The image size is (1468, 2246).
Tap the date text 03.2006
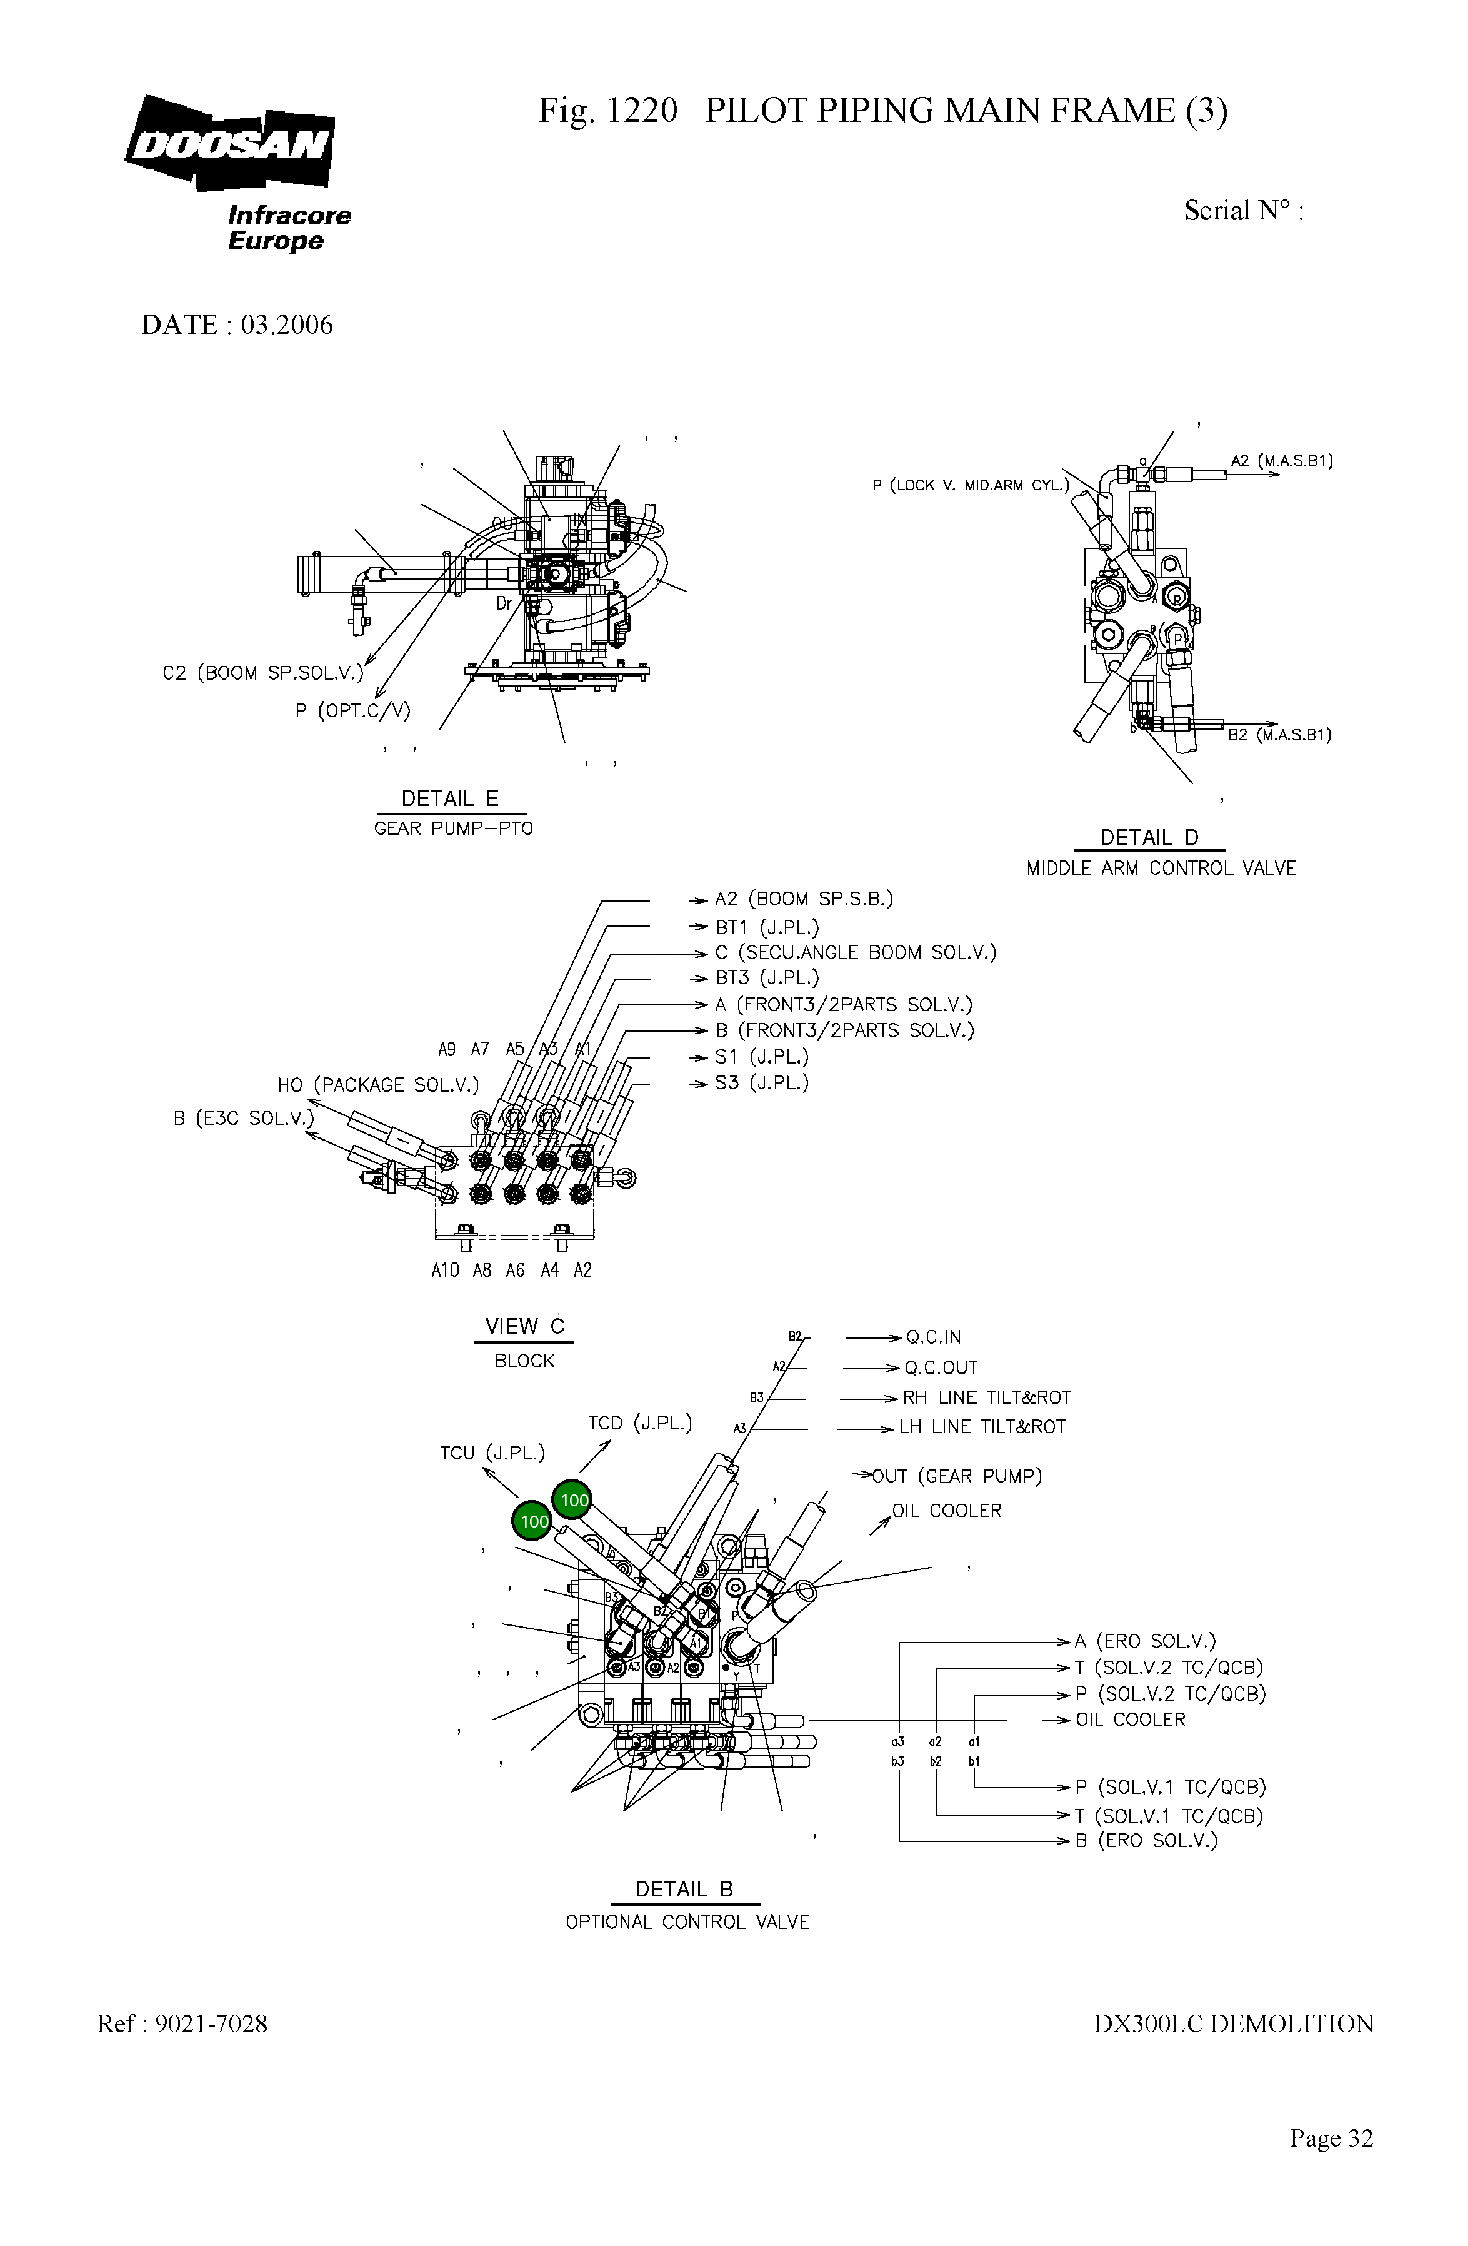pos(287,325)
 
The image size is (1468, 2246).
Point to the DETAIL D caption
pos(1149,838)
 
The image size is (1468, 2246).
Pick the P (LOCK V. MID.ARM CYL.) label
pos(971,485)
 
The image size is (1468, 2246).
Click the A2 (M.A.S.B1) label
pos(1281,461)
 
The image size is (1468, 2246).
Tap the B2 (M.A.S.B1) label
pos(1279,735)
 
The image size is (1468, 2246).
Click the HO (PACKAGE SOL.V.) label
pos(378,1085)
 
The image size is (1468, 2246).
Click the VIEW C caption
pos(524,1326)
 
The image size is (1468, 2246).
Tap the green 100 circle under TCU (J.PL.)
pos(533,1521)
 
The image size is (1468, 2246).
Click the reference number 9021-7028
pos(211,2024)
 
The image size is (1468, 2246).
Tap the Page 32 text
pos(1331,2138)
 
